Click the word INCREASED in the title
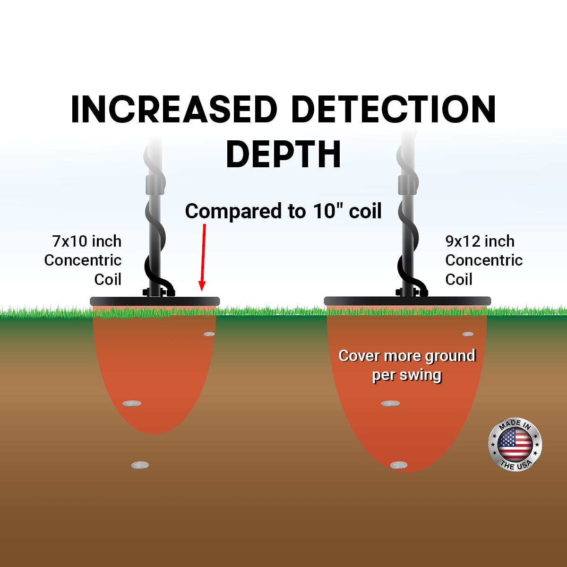pos(174,110)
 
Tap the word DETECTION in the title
pos(394,110)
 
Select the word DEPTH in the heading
pos(283,154)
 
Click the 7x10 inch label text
pos(87,241)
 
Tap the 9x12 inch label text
pos(480,241)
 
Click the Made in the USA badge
pos(515,444)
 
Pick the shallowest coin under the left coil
pos(209,334)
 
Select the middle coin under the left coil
pos(132,403)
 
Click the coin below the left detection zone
pos(140,465)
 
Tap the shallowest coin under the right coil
pos(468,334)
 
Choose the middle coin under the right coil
pos(390,403)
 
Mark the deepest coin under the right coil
pos(399,465)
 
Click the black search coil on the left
pos(155,301)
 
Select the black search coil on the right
pos(407,301)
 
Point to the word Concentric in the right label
pos(484,260)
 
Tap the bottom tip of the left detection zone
pos(155,433)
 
